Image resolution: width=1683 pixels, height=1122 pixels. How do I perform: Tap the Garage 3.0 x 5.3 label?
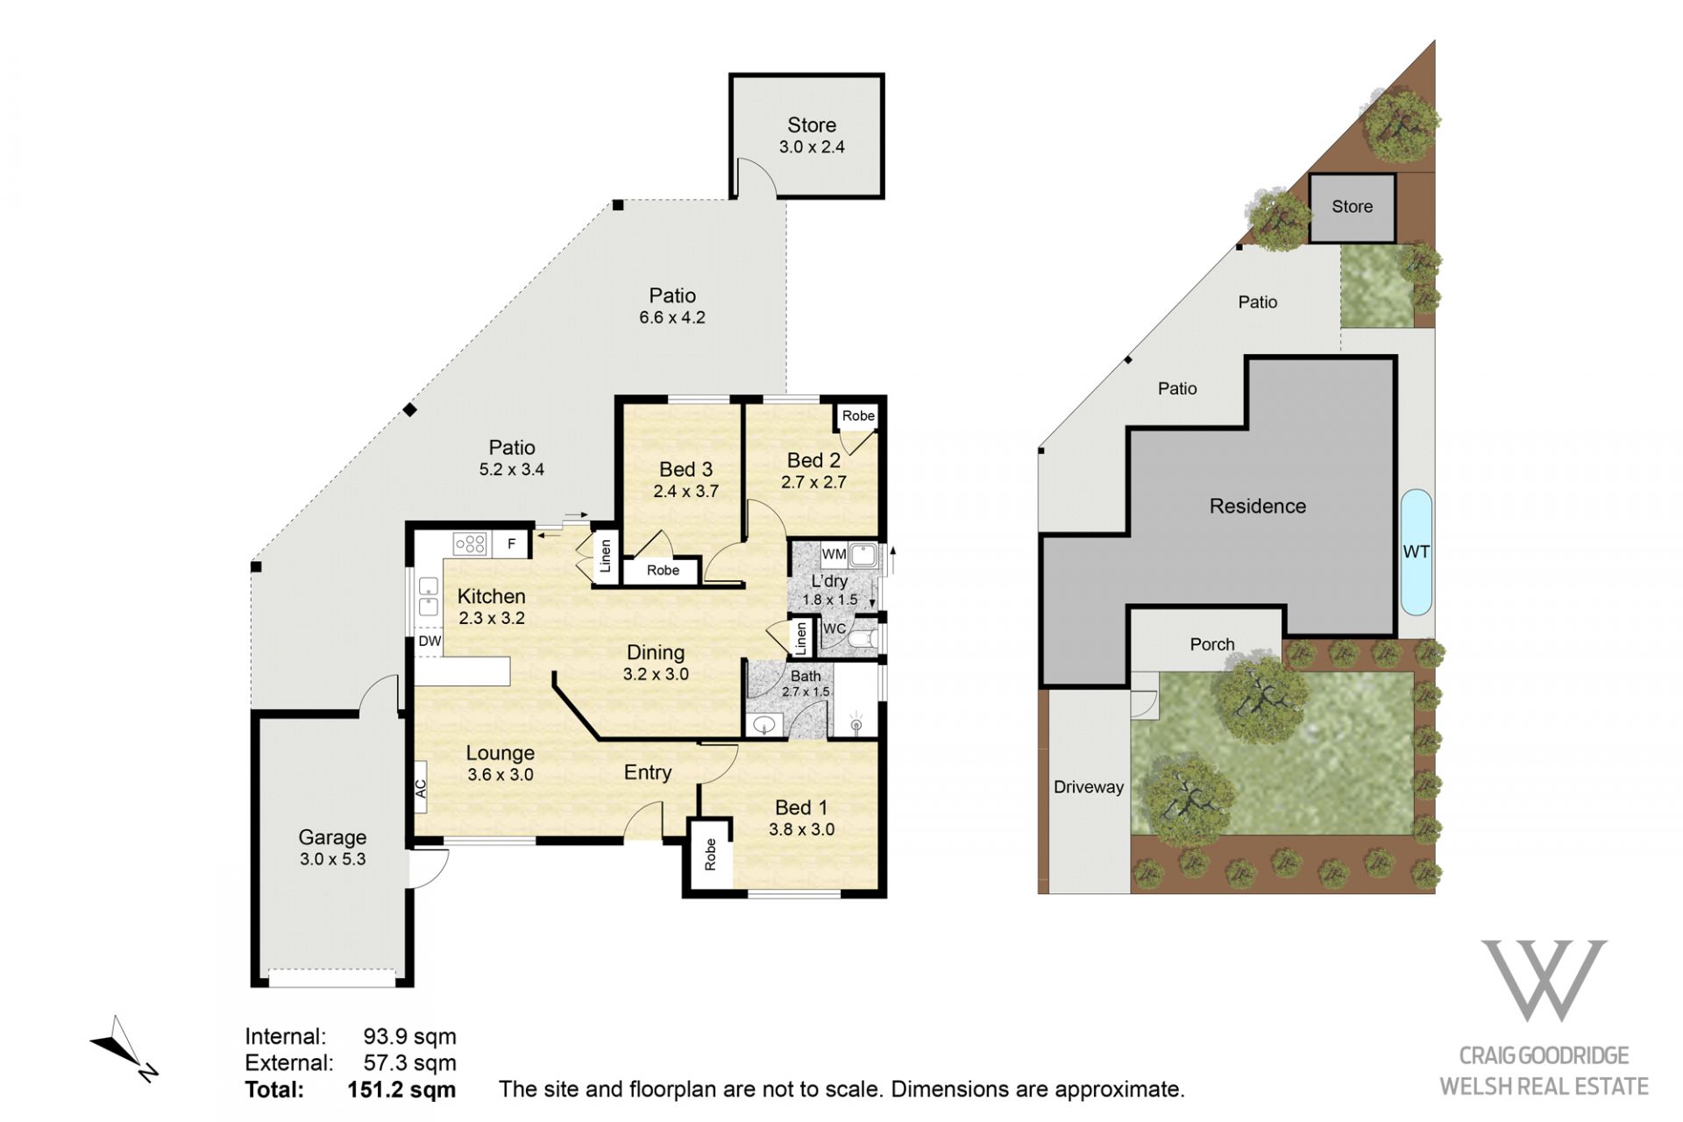tap(332, 848)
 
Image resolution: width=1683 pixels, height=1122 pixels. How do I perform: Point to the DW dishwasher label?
tap(430, 641)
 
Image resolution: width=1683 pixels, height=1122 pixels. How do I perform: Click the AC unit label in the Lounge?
tap(421, 789)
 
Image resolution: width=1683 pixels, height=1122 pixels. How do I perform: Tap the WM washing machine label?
tap(834, 554)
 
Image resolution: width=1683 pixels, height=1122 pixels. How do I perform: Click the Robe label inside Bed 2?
tap(858, 415)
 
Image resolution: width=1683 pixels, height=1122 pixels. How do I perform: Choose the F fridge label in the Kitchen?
tap(512, 544)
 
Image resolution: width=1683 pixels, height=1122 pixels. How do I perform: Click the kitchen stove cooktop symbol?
tap(470, 544)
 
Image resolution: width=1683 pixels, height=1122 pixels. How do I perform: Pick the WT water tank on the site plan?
tap(1417, 552)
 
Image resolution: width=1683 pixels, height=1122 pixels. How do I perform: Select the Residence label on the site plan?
tap(1258, 506)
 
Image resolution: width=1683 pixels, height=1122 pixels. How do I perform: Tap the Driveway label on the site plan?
tap(1089, 787)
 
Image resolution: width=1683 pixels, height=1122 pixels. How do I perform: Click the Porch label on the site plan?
tap(1212, 644)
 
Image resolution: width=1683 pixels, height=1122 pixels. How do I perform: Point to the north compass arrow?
tap(123, 1048)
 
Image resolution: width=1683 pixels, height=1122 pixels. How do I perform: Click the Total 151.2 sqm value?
tap(401, 1090)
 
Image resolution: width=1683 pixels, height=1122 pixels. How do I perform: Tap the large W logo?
tap(1544, 980)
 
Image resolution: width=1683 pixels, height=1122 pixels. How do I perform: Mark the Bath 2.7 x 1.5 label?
tap(806, 684)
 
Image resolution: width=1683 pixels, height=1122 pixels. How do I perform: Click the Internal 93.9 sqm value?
tap(410, 1037)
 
